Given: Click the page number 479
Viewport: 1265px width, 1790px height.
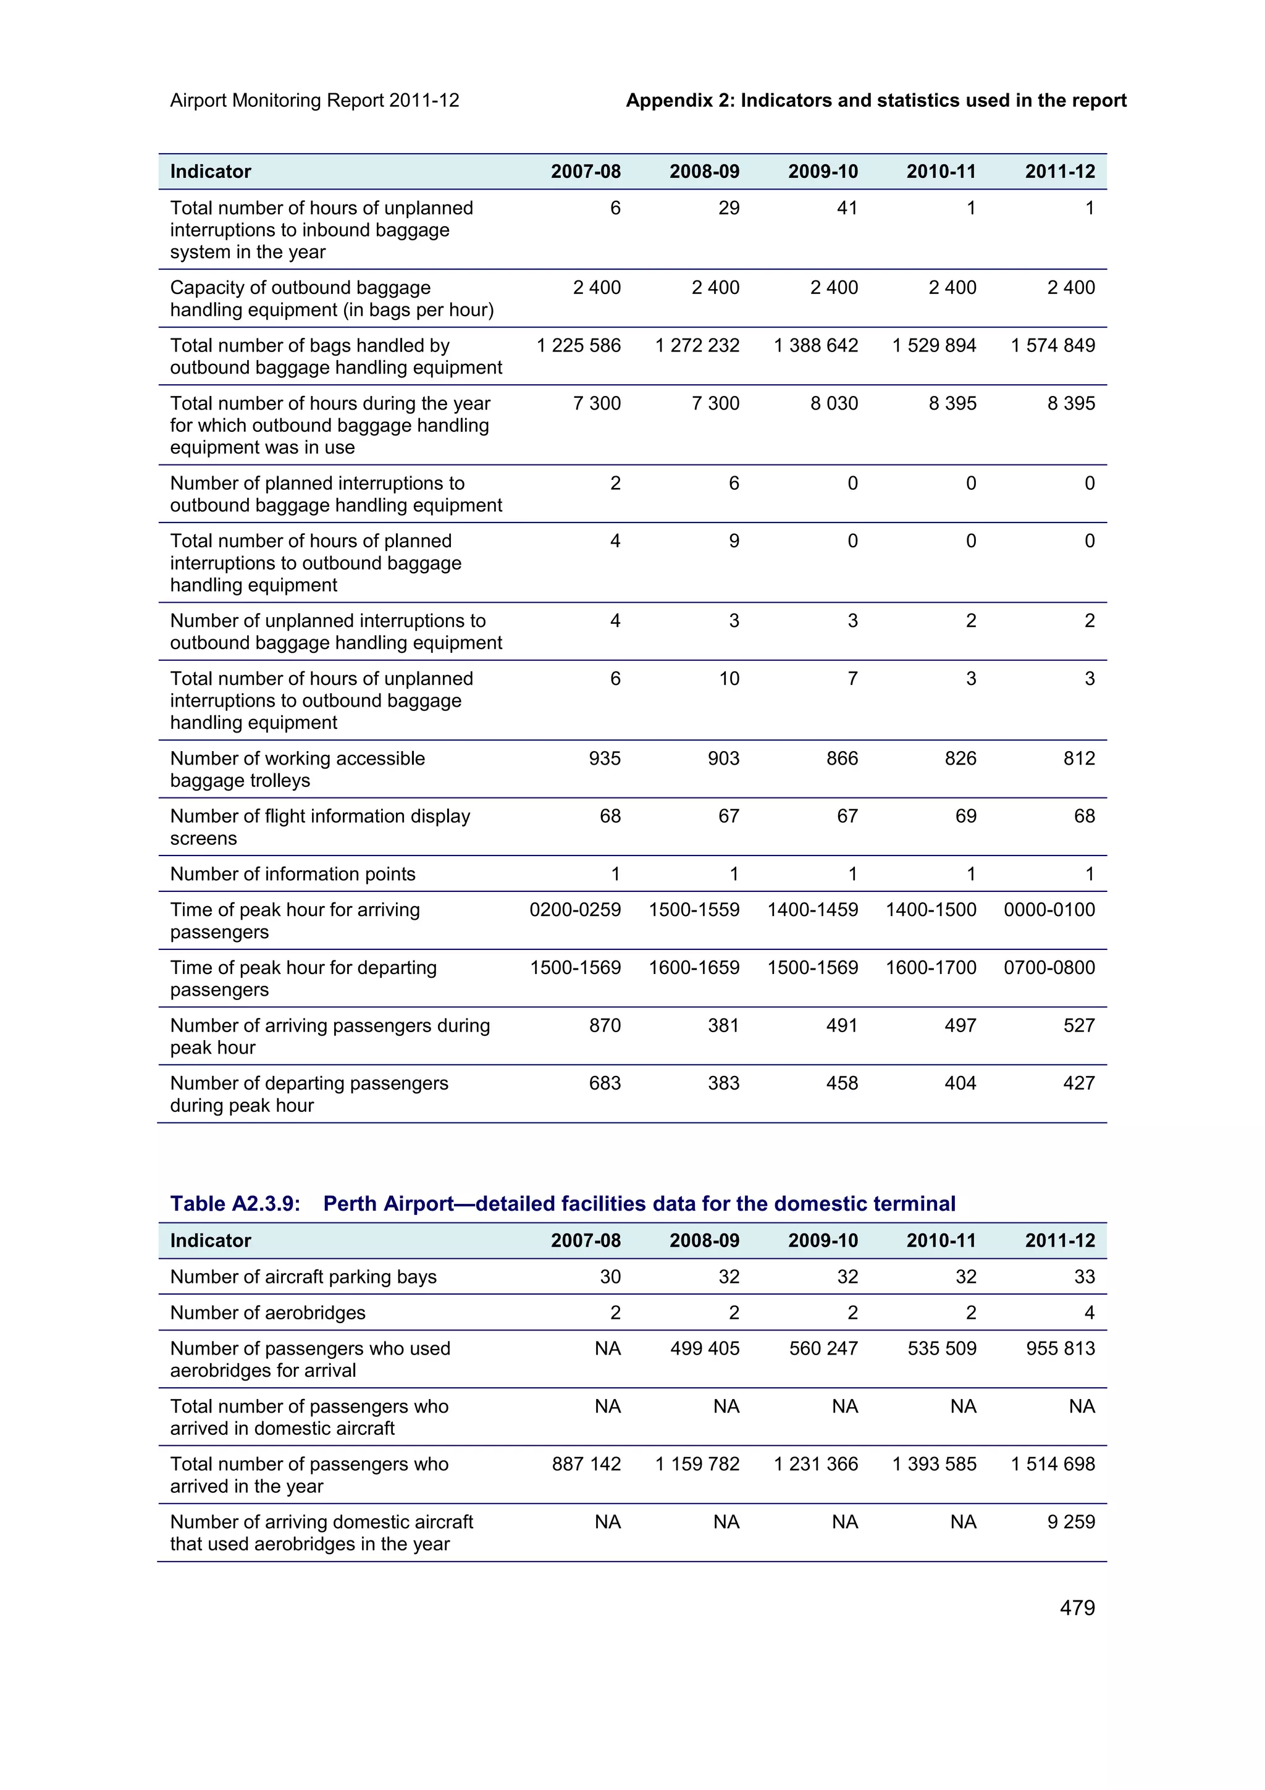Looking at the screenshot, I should [1077, 1608].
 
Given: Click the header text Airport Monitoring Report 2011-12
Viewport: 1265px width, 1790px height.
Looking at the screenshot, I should [314, 101].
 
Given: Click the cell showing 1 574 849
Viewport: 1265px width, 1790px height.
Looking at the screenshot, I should [1053, 345].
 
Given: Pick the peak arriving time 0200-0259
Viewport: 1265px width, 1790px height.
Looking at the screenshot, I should [574, 909].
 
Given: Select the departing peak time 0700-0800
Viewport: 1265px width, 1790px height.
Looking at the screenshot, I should [1048, 967].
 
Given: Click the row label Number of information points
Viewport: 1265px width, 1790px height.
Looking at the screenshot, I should [292, 874].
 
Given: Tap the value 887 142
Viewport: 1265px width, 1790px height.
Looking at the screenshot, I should [586, 1463].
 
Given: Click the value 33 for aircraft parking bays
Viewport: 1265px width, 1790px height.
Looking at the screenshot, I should [1084, 1276].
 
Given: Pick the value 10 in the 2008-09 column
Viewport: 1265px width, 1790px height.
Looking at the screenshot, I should [728, 678].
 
